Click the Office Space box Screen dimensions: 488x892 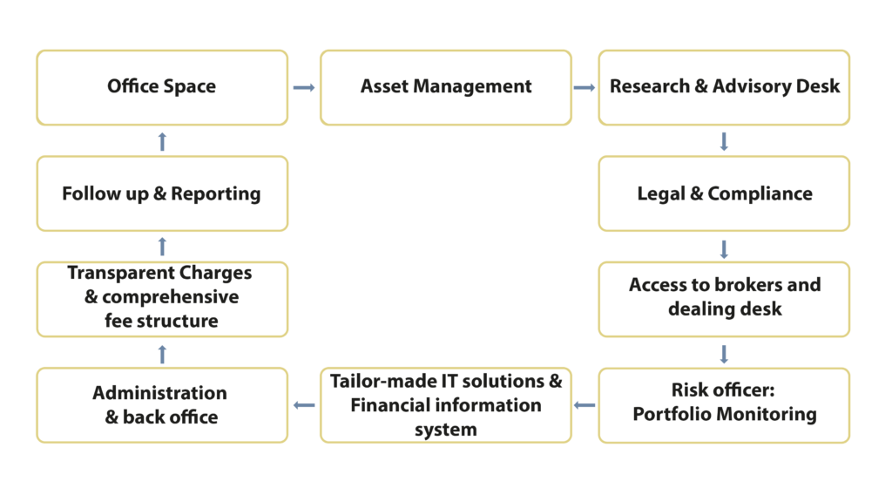pyautogui.click(x=162, y=87)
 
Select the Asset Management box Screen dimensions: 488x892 pyautogui.click(x=446, y=87)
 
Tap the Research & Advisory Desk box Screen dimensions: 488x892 pyautogui.click(x=724, y=87)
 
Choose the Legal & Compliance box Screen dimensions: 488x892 pyautogui.click(x=724, y=193)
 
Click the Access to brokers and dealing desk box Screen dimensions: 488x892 pyautogui.click(x=724, y=298)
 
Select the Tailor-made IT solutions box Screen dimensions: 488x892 pyautogui.click(x=446, y=404)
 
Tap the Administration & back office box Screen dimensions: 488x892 pyautogui.click(x=162, y=404)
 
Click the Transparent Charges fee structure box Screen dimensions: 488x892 pyautogui.click(x=162, y=298)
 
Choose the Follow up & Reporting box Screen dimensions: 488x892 pyautogui.click(x=162, y=193)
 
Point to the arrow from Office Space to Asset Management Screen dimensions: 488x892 pyautogui.click(x=303, y=87)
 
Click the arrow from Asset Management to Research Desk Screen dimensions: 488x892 pyautogui.click(x=584, y=87)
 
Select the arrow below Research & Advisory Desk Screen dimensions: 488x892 pyautogui.click(x=724, y=141)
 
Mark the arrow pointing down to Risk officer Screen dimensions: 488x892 pyautogui.click(x=724, y=352)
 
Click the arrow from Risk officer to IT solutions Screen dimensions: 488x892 pyautogui.click(x=585, y=404)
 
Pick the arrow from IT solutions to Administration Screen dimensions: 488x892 pyautogui.click(x=304, y=404)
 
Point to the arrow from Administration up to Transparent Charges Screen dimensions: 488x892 pyautogui.click(x=162, y=352)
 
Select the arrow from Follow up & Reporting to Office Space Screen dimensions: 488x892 pyautogui.click(x=162, y=140)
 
